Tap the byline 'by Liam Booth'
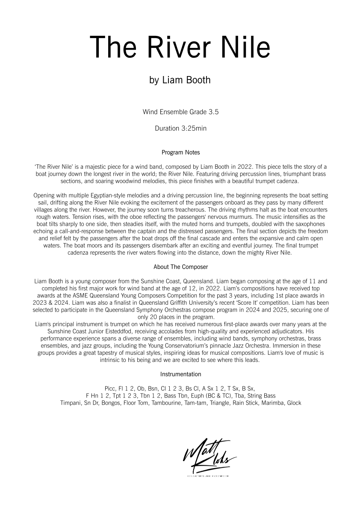pos(180,80)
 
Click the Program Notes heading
pos(181,153)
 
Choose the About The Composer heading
pos(180,267)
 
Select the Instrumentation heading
pos(180,374)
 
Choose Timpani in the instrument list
pos(71,403)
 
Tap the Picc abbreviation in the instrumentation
pos(110,388)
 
